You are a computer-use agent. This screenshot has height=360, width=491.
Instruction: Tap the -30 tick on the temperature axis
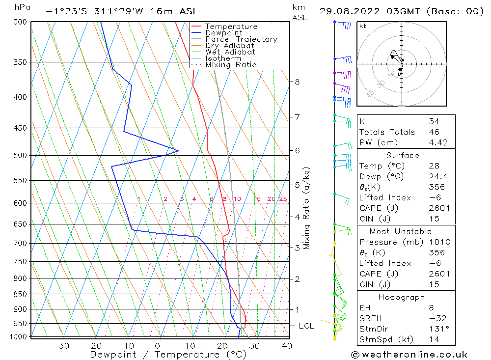click(60, 346)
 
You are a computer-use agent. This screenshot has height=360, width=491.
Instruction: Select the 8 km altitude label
click(297, 82)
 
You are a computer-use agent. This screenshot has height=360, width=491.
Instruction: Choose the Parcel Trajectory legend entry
click(241, 39)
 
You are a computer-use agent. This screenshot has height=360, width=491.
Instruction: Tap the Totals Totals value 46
click(434, 132)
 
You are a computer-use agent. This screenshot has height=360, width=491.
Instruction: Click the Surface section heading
click(403, 155)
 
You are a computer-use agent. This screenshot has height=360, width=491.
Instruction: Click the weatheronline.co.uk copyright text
click(409, 355)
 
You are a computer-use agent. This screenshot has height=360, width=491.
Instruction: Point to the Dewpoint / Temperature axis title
click(168, 355)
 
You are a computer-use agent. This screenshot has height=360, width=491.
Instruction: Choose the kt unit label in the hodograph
click(363, 26)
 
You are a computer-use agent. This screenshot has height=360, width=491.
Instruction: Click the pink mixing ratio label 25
click(283, 199)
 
